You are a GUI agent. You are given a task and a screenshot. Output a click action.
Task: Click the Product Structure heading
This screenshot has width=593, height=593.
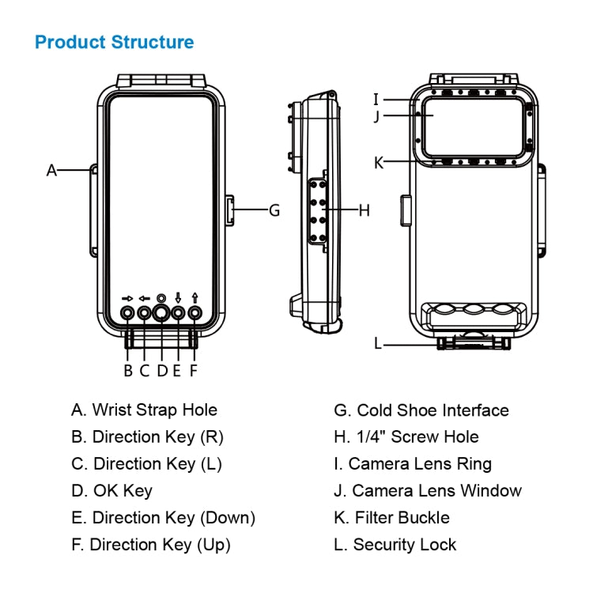click(x=115, y=42)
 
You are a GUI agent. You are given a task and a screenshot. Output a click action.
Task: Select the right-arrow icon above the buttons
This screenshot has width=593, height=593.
click(x=128, y=298)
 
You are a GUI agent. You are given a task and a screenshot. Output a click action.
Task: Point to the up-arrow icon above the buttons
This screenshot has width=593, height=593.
click(x=194, y=298)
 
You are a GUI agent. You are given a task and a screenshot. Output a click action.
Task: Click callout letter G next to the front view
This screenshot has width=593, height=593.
click(x=274, y=210)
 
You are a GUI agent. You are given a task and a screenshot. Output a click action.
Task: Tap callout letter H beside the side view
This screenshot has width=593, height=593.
click(x=364, y=210)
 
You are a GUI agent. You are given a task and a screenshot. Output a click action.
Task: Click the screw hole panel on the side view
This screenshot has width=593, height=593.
click(x=320, y=210)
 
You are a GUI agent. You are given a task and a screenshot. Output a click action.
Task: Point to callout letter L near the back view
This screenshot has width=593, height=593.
click(x=378, y=343)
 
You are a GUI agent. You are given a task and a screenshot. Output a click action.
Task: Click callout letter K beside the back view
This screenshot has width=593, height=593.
click(x=379, y=163)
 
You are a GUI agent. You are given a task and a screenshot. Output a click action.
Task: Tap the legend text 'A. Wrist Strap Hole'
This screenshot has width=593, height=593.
click(x=144, y=410)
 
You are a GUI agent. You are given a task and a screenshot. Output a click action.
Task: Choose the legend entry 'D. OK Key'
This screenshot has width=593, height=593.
click(x=111, y=490)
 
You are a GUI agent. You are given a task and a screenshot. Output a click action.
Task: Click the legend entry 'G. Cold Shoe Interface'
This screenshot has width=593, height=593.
click(x=421, y=410)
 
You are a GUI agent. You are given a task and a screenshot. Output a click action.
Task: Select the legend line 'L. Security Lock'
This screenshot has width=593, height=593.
click(x=395, y=544)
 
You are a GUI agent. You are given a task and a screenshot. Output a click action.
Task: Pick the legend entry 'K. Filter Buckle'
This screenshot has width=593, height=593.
click(x=392, y=518)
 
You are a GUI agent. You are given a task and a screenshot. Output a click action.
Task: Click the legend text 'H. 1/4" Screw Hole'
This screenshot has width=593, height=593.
click(x=406, y=436)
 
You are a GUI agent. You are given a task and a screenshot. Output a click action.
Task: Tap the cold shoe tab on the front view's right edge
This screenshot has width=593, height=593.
click(x=229, y=211)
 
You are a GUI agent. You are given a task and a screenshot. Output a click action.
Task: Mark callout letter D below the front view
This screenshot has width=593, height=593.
click(x=162, y=369)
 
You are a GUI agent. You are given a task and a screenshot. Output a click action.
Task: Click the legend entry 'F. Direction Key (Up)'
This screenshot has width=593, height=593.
click(x=151, y=544)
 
